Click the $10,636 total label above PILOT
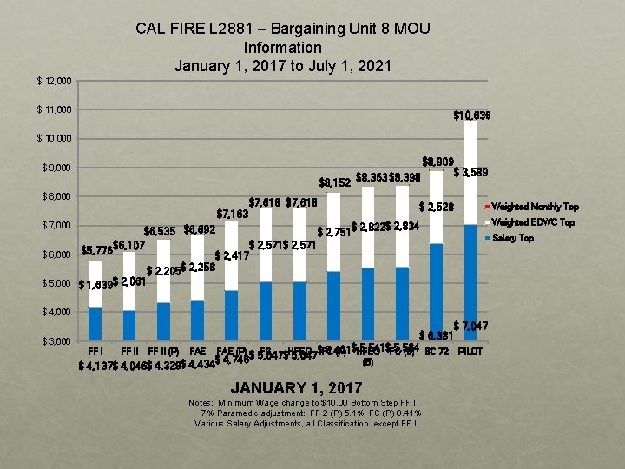pyautogui.click(x=472, y=116)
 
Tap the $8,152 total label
pyautogui.click(x=336, y=182)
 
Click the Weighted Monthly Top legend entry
pyautogui.click(x=535, y=207)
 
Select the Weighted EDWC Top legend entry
pyautogui.click(x=532, y=222)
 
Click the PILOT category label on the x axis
pyautogui.click(x=470, y=352)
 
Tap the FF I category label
pyautogui.click(x=95, y=351)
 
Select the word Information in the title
pyautogui.click(x=283, y=47)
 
